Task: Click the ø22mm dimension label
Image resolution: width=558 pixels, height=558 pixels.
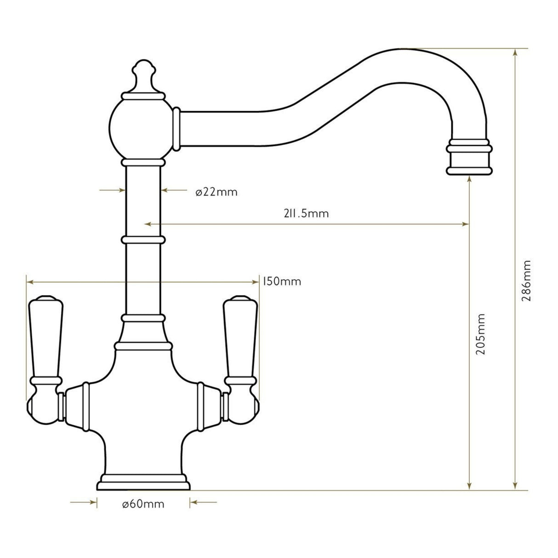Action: [216, 192]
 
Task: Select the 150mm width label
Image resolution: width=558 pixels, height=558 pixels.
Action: [281, 281]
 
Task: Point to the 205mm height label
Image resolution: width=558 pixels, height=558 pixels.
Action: [481, 334]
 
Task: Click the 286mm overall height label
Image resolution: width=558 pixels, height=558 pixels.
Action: [527, 281]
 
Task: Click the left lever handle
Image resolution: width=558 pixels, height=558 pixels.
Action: [45, 340]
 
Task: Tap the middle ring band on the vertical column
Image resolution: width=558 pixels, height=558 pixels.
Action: [143, 240]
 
